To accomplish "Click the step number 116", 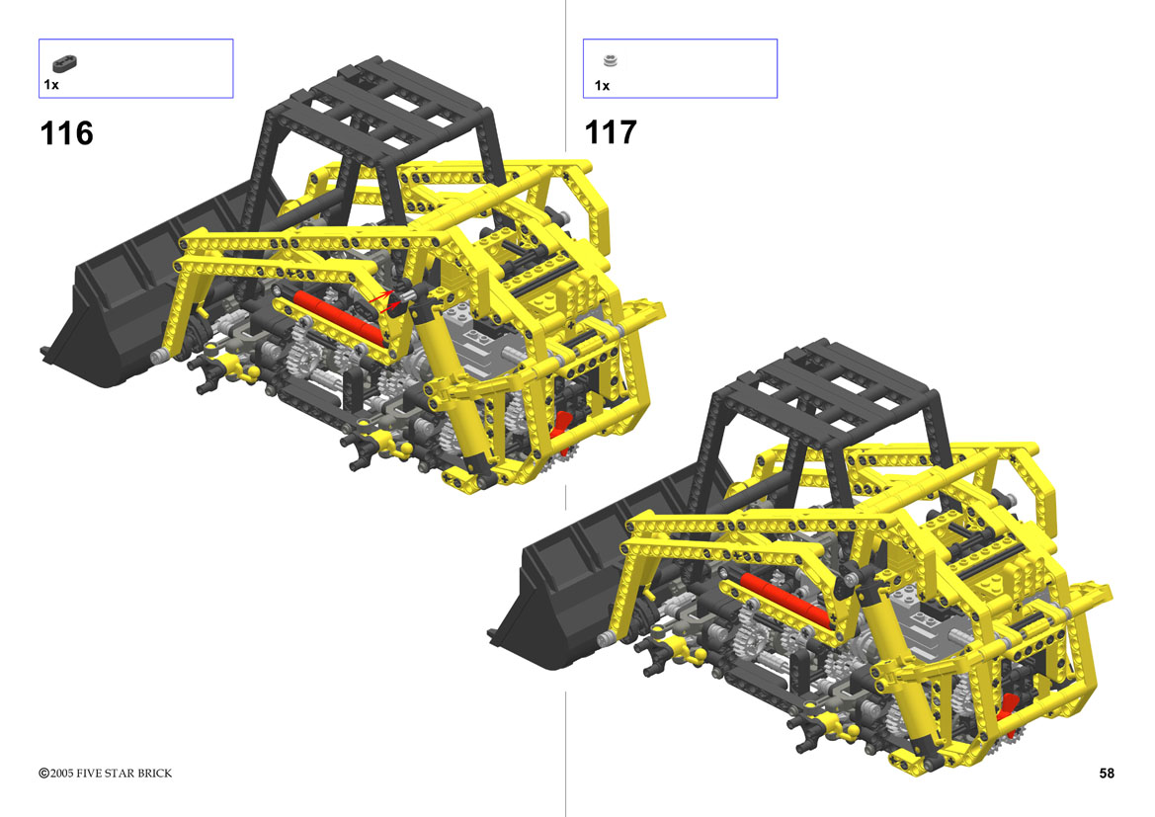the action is [66, 133].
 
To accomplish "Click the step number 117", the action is [611, 132].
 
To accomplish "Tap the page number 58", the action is [1107, 773].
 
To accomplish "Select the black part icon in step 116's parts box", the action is [65, 63].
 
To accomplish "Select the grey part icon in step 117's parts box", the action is [610, 60].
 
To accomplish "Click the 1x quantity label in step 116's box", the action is [50, 85].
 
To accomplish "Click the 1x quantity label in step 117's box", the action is [602, 86].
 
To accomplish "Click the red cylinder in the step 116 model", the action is [339, 318].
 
